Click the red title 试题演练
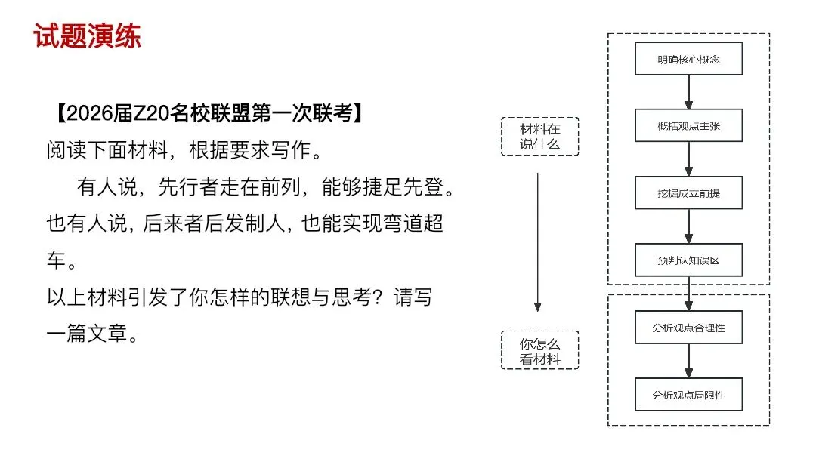click(x=87, y=35)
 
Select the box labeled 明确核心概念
click(x=688, y=59)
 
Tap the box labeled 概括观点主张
click(x=688, y=126)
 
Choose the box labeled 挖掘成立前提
click(x=688, y=193)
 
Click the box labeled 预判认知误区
click(x=688, y=260)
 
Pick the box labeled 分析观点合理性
click(x=688, y=328)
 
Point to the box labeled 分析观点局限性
click(x=688, y=395)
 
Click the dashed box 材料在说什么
click(x=539, y=137)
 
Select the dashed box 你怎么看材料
click(x=539, y=350)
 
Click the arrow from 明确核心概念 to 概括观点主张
click(x=688, y=92)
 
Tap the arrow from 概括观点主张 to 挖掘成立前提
click(x=688, y=159)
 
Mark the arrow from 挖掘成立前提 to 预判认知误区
click(x=688, y=226)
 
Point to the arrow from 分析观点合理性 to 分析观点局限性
click(x=688, y=361)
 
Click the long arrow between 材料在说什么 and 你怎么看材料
click(x=537, y=242)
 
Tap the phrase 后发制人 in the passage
click(x=235, y=224)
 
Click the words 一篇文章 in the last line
click(x=92, y=333)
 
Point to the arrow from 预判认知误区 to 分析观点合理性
click(x=688, y=294)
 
